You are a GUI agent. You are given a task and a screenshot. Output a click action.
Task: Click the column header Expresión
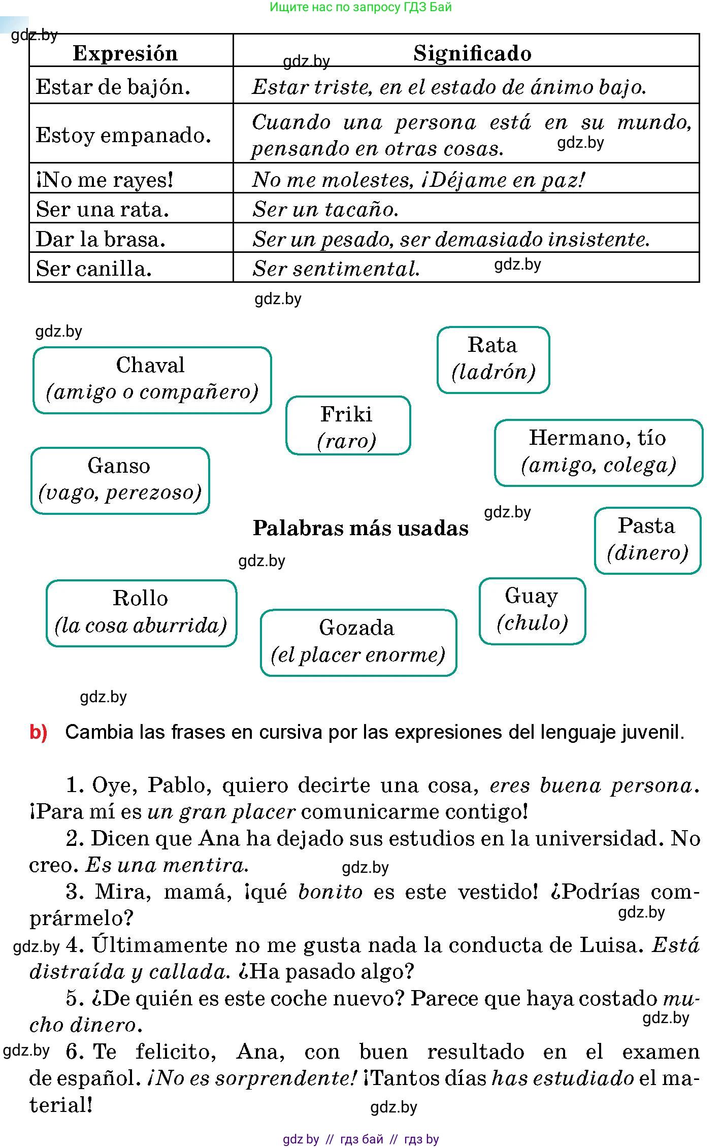click(x=125, y=53)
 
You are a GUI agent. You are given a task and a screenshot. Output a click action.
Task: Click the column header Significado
click(x=472, y=53)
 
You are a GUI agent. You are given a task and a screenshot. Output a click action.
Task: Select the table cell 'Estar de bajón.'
click(x=113, y=87)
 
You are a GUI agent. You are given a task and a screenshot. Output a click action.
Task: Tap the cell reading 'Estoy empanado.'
click(x=123, y=135)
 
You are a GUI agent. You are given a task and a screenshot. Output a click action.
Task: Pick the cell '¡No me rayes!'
click(x=105, y=180)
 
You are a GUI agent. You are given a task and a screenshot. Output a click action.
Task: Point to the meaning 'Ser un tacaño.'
click(x=325, y=209)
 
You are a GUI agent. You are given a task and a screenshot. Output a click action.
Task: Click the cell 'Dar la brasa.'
click(x=101, y=239)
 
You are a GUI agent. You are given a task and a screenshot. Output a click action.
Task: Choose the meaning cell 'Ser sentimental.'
click(x=336, y=269)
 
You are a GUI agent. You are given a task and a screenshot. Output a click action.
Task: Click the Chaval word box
click(x=152, y=380)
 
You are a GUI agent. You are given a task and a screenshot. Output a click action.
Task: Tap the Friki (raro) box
click(x=348, y=425)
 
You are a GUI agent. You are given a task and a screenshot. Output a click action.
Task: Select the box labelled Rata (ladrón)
click(x=493, y=359)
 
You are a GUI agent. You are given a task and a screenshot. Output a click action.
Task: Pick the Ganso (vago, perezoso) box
click(x=120, y=480)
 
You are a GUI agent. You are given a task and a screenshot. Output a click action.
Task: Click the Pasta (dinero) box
click(x=647, y=540)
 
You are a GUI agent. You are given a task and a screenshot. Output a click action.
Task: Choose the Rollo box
click(x=141, y=612)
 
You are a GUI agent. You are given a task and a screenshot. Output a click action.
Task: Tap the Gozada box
click(x=358, y=642)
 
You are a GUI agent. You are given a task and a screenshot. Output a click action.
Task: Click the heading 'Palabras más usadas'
click(x=360, y=529)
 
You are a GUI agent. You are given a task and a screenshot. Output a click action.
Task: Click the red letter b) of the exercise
click(x=39, y=732)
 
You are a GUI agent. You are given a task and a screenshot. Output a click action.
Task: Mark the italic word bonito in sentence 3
click(x=330, y=892)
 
